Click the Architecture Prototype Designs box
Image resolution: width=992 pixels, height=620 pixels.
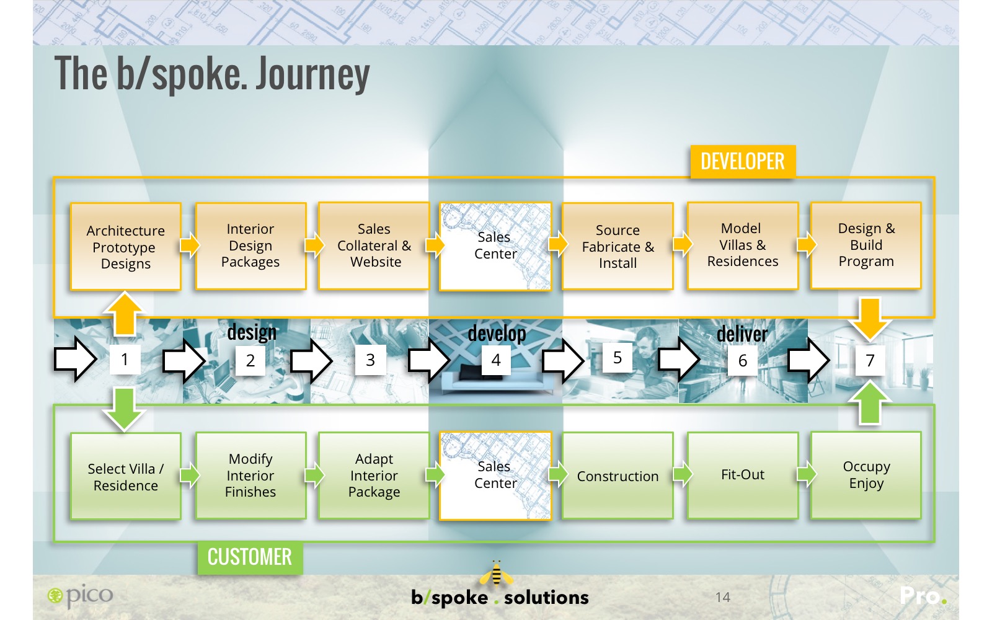click(126, 247)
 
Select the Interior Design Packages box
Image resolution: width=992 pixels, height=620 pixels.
click(250, 246)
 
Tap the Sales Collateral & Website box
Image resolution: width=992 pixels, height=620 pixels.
click(374, 246)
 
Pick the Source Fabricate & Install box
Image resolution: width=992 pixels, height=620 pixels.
click(618, 246)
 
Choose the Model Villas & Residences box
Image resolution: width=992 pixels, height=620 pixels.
click(742, 246)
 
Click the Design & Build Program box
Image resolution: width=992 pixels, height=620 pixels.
click(866, 246)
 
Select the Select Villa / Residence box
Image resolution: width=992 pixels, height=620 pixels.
click(126, 476)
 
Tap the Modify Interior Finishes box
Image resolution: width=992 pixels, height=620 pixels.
click(250, 476)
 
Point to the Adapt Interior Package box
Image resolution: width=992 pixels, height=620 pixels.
click(374, 476)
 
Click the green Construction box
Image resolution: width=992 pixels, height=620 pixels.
click(618, 476)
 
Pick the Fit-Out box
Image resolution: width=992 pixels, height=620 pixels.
click(742, 476)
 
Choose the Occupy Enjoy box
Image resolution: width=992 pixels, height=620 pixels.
click(866, 476)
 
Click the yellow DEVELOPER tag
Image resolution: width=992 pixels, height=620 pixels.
click(742, 162)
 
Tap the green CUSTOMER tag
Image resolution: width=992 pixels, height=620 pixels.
click(250, 557)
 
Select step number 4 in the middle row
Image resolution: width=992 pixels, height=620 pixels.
click(496, 360)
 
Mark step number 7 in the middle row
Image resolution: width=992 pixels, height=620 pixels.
click(870, 360)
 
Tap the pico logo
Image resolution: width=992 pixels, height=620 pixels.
click(81, 596)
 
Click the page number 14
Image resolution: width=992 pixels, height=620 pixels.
click(722, 597)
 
